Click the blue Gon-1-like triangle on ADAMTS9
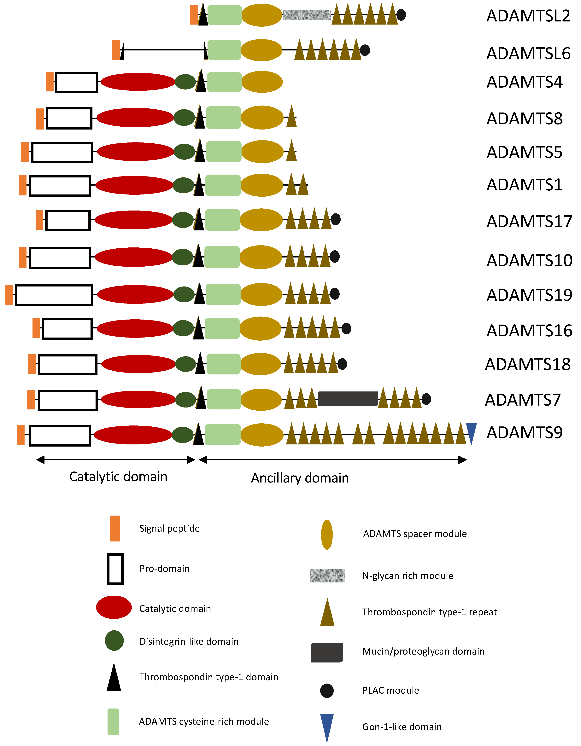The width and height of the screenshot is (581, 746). (471, 432)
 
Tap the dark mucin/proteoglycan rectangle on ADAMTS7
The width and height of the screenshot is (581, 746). (348, 399)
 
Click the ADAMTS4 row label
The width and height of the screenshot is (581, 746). (524, 82)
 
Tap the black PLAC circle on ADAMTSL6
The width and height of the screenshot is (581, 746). (365, 50)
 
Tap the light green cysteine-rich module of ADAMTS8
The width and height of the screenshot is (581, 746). (224, 118)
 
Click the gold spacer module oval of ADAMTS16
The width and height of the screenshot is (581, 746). (260, 329)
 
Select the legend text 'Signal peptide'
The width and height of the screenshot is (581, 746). (169, 528)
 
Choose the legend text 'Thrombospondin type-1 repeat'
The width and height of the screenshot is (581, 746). (429, 612)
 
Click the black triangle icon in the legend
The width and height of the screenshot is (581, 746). (114, 677)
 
